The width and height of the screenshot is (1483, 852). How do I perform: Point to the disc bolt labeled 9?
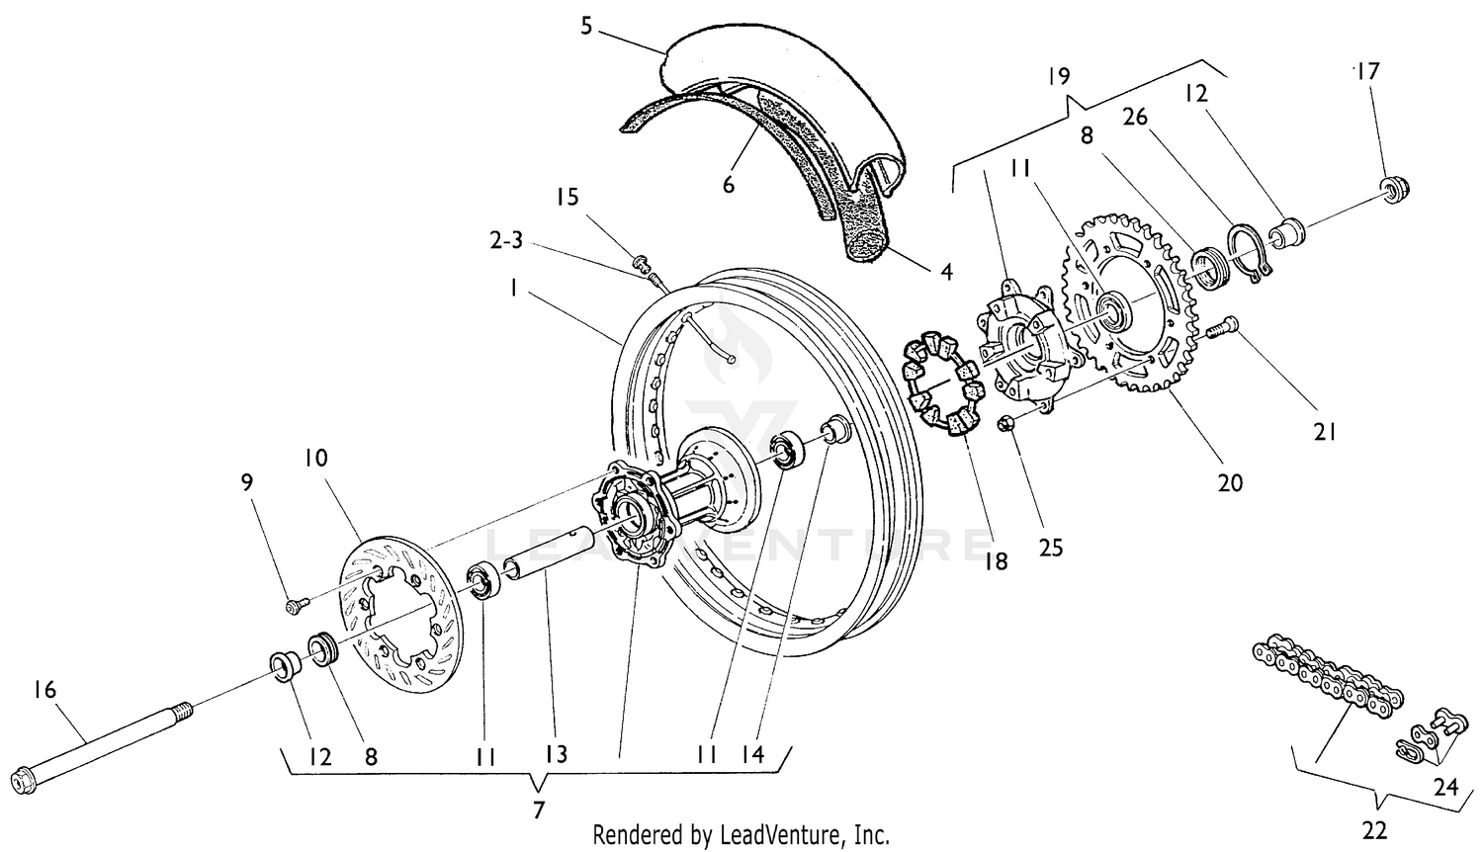pyautogui.click(x=294, y=605)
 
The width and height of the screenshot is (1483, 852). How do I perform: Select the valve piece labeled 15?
pyautogui.click(x=641, y=262)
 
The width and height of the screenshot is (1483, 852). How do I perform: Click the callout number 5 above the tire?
pyautogui.click(x=585, y=25)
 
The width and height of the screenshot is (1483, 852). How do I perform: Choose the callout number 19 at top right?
pyautogui.click(x=1058, y=76)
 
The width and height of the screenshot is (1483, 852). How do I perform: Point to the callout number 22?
pyautogui.click(x=1374, y=829)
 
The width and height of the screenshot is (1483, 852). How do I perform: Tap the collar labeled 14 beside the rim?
pyautogui.click(x=836, y=431)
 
